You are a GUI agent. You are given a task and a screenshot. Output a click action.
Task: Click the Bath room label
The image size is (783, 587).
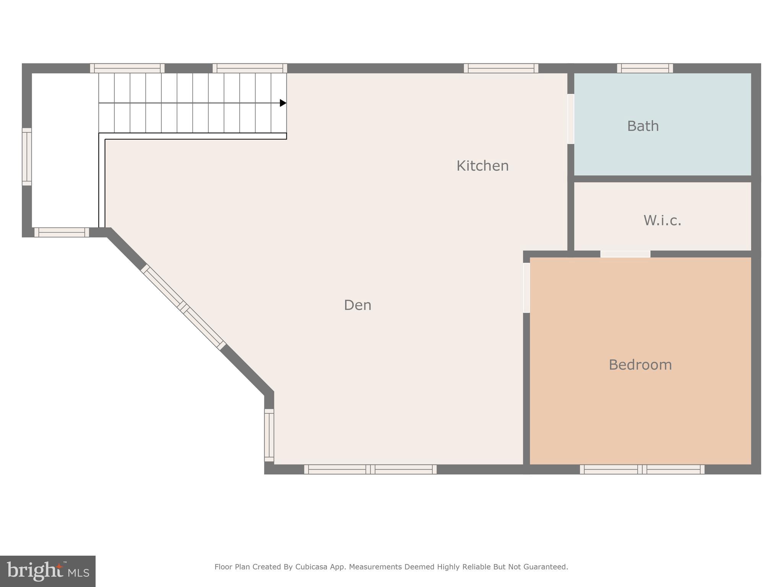tap(643, 126)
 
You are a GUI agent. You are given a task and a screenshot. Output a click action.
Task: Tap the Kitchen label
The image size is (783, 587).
tap(482, 166)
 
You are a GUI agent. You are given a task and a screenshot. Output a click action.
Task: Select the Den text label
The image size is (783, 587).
tap(357, 305)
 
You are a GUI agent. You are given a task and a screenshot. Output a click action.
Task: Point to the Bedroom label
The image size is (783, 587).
tap(640, 365)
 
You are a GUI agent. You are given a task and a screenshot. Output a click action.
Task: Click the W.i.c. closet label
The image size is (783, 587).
tap(662, 221)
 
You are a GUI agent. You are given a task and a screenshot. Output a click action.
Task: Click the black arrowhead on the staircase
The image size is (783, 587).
tap(283, 103)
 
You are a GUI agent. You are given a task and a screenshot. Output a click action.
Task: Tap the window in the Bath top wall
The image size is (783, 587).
tap(645, 68)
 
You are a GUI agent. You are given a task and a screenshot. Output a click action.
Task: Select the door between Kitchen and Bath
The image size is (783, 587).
tap(570, 119)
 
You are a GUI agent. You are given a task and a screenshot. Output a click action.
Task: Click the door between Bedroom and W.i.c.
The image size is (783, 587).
tap(625, 254)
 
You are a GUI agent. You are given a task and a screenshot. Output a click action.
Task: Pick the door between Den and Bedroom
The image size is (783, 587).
tap(526, 287)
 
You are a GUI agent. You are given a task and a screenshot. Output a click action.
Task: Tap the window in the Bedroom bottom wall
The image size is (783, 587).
tap(642, 469)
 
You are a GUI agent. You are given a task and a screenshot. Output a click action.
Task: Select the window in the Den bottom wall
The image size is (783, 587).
tap(370, 469)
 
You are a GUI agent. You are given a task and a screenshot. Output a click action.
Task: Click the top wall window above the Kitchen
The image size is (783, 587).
tap(501, 68)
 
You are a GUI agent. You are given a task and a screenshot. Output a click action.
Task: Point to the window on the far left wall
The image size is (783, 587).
tap(27, 157)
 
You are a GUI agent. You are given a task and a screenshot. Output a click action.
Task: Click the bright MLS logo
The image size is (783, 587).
tap(48, 571)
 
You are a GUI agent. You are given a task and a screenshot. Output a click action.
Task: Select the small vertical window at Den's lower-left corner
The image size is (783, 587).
tap(269, 435)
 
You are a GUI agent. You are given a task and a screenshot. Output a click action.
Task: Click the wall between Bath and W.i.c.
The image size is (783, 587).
tap(663, 179)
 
